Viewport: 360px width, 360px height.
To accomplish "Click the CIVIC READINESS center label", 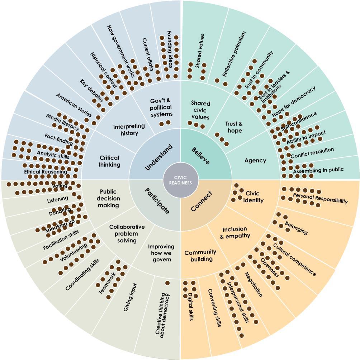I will [x=180, y=180].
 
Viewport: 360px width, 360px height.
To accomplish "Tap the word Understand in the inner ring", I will [x=159, y=157].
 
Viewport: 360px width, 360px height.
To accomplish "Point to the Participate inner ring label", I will [x=157, y=201].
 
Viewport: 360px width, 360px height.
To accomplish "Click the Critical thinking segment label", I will [x=109, y=161].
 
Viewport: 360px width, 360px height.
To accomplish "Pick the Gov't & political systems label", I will [x=160, y=107].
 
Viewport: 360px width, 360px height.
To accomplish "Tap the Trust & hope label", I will [x=234, y=127].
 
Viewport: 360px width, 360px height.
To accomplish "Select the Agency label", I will [x=255, y=160].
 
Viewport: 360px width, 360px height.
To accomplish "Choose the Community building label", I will [x=200, y=256].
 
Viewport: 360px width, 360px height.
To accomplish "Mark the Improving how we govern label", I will [x=161, y=253].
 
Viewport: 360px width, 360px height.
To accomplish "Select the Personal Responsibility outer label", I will [x=320, y=198].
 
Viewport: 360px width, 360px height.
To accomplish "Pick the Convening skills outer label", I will [x=214, y=308].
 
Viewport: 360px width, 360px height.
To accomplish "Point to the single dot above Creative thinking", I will [x=167, y=283].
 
